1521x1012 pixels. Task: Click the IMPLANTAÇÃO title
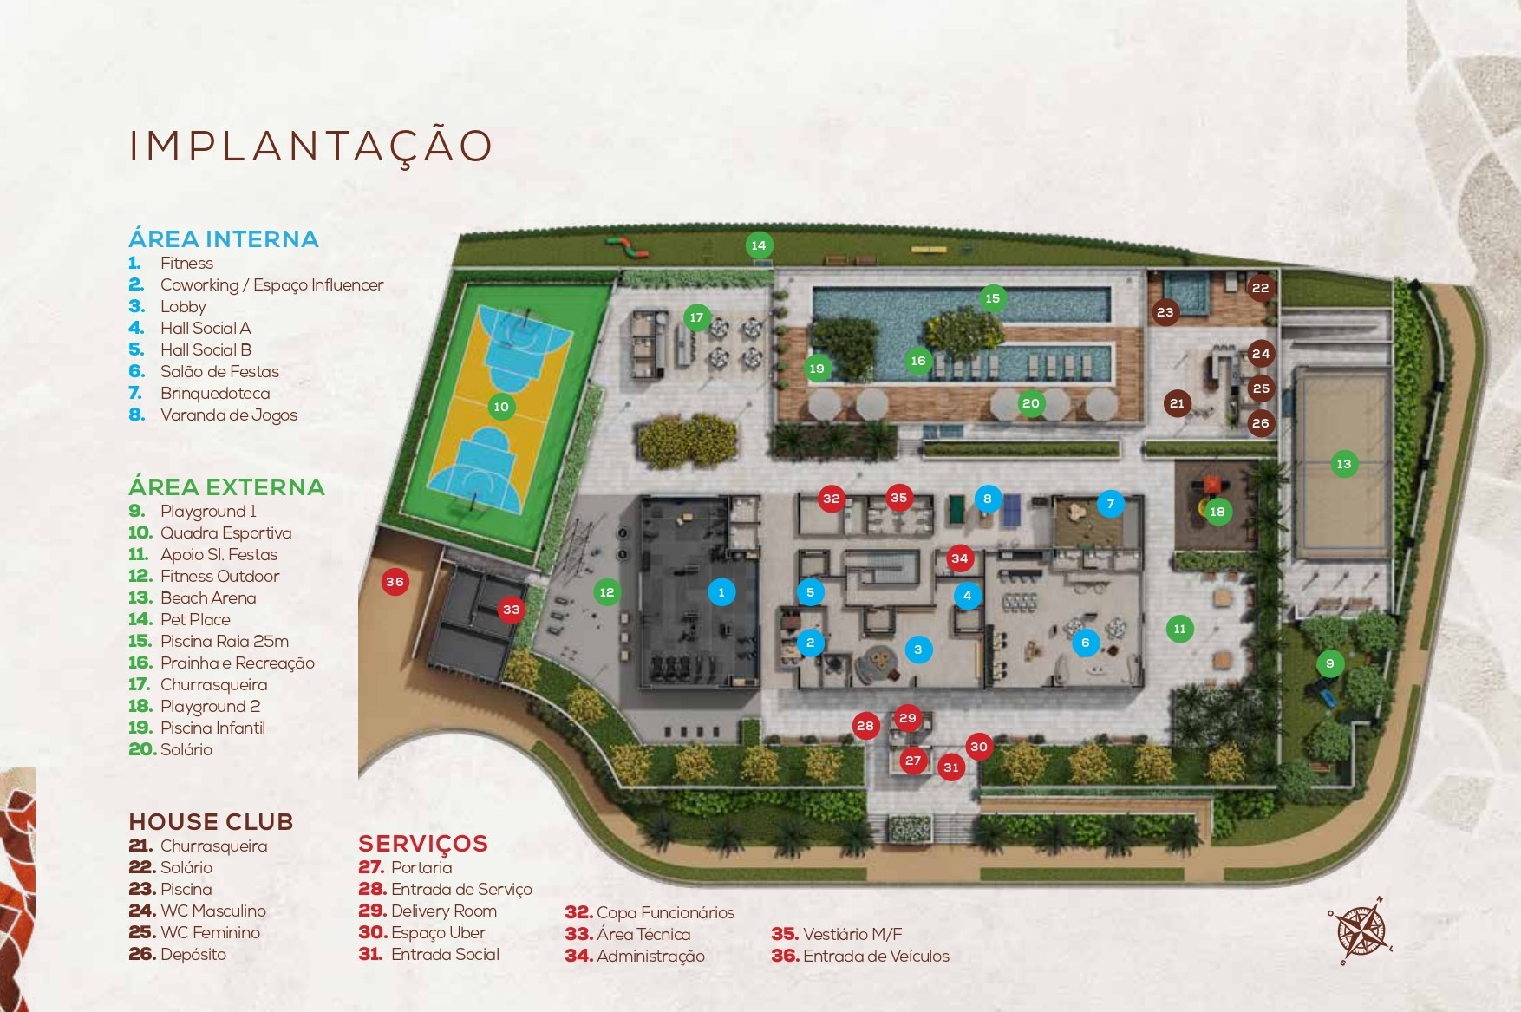[x=310, y=146]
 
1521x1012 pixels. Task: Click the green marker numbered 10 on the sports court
[x=501, y=407]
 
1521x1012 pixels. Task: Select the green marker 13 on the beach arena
[x=1343, y=464]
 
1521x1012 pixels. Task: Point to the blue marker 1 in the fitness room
[x=721, y=592]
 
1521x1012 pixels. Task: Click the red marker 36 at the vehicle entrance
[x=395, y=582]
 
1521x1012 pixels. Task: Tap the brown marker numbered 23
[x=1165, y=312]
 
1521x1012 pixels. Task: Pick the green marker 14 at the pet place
[x=759, y=245]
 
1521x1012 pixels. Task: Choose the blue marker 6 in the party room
[x=1085, y=643]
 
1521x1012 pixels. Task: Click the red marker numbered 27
[x=913, y=761]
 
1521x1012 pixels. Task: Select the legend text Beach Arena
[x=208, y=597]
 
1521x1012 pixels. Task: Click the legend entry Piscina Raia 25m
[x=224, y=641]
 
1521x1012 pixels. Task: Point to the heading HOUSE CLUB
[x=211, y=821]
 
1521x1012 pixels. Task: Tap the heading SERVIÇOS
[x=423, y=843]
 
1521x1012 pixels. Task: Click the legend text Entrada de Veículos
[x=876, y=956]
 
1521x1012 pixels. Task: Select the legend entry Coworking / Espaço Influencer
[x=271, y=284]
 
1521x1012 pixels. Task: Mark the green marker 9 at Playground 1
[x=1330, y=664]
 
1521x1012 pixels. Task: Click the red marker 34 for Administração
[x=959, y=558]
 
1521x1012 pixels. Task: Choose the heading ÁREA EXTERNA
[x=226, y=486]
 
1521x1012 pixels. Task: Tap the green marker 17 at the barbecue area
[x=696, y=317]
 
